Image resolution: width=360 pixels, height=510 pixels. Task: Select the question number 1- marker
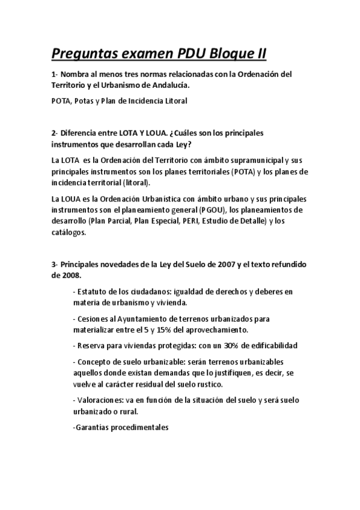55,75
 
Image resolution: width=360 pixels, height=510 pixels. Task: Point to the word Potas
89,101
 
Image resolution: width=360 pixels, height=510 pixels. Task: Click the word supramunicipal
254,160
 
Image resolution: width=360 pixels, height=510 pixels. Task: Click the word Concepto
93,362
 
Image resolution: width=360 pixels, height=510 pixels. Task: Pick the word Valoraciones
100,400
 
